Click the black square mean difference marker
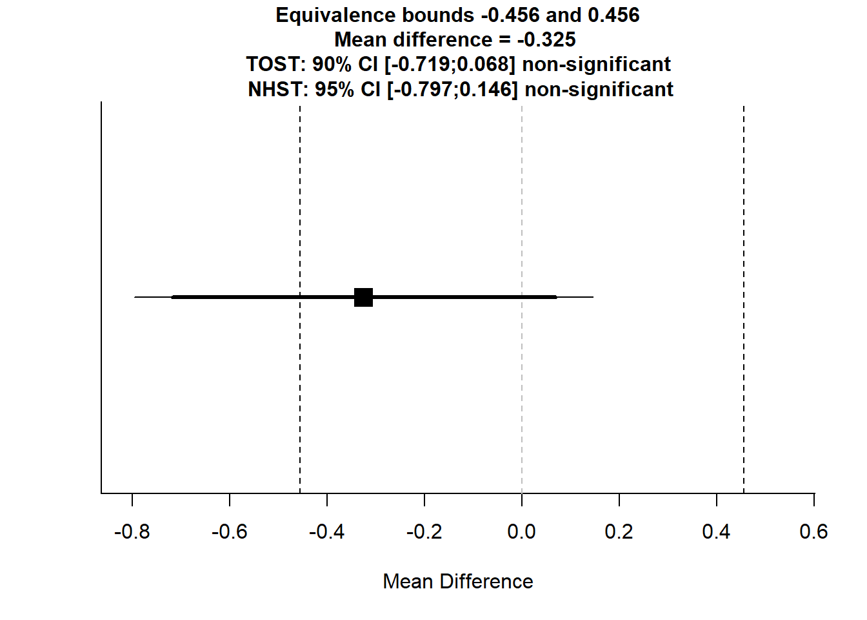[364, 297]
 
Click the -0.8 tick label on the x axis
[132, 532]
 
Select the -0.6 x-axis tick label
[229, 532]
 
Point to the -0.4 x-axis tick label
[326, 532]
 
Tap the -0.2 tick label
[424, 532]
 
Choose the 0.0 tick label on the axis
[521, 532]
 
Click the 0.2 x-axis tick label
[619, 532]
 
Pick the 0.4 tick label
[716, 532]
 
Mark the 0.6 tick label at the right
[813, 532]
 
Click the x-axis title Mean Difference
[458, 581]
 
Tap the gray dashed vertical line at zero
[522, 194]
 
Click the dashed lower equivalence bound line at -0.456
[300, 194]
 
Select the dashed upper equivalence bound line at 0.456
[744, 194]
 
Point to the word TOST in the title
[274, 65]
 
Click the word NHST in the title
[277, 89]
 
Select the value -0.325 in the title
[546, 39]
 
